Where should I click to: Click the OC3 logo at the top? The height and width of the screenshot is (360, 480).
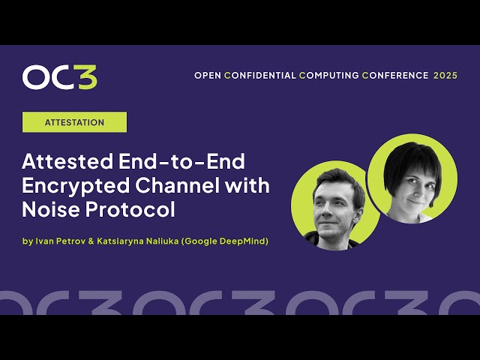point(60,77)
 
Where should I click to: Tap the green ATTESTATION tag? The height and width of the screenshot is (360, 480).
point(74,122)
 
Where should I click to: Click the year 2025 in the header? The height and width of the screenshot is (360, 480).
point(445,76)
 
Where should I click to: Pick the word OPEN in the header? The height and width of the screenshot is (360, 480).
point(208,76)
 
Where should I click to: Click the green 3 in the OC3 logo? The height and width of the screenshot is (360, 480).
point(86,77)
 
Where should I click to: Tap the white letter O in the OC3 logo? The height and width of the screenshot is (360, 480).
point(34,77)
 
